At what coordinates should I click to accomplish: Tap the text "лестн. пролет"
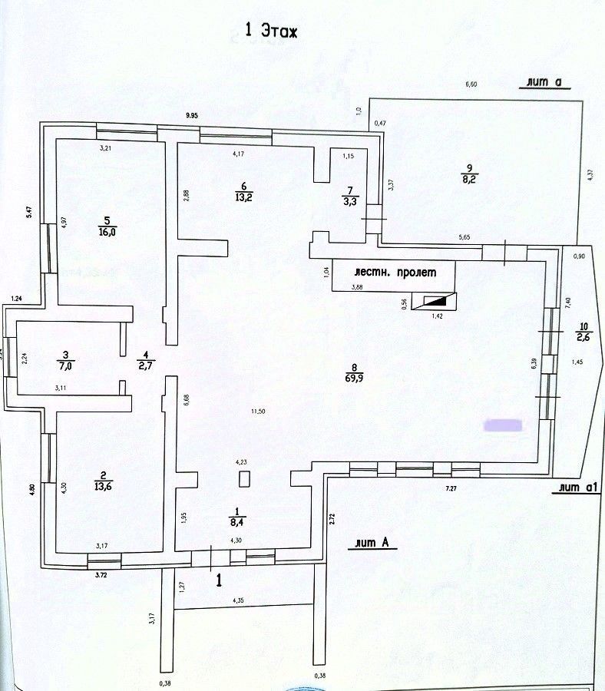pos(394,273)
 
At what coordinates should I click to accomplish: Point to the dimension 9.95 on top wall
pos(191,115)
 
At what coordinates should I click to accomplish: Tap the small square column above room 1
pos(244,479)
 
